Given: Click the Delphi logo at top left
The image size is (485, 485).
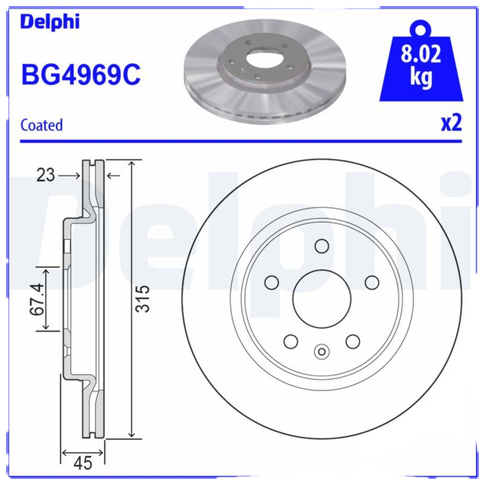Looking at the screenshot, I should tap(50, 22).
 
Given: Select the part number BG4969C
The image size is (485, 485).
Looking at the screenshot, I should tap(81, 76).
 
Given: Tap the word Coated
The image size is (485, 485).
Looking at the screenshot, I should tap(42, 125).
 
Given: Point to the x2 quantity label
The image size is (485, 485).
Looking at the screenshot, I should tap(450, 123).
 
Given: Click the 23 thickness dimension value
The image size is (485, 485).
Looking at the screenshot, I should tap(45, 176).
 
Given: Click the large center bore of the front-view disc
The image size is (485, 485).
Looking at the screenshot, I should tap(321, 299).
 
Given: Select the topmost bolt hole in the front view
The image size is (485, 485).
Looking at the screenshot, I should tap(321, 246).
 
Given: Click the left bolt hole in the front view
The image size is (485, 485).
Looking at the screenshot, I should tap(272, 283).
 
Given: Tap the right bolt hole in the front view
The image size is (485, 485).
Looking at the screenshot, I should tap(372, 283).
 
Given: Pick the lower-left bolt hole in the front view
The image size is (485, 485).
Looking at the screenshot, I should tap(290, 342).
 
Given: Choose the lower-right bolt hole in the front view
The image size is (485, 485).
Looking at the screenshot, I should tap(353, 342).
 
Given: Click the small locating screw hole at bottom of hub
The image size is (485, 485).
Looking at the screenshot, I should tap(322, 351).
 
